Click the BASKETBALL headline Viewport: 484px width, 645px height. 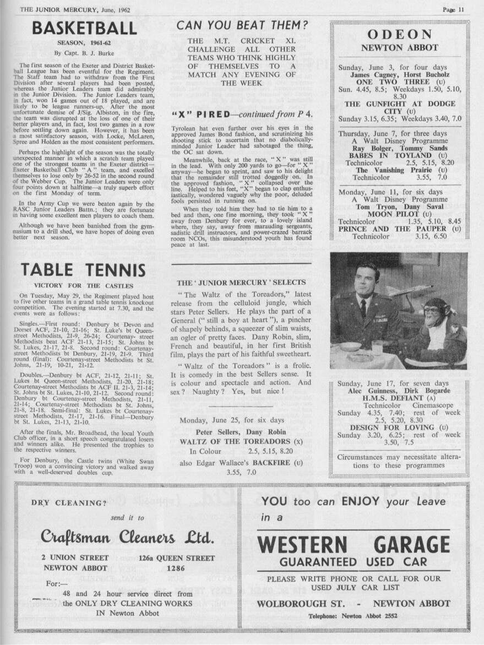[x=84, y=28]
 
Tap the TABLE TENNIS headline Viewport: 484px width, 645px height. [x=83, y=269]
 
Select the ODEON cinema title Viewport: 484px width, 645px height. [x=399, y=34]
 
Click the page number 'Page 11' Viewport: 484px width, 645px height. [x=454, y=9]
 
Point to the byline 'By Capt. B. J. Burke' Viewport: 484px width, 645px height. [x=84, y=53]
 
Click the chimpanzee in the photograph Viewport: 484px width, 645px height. [x=438, y=330]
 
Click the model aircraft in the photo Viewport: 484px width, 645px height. [x=408, y=291]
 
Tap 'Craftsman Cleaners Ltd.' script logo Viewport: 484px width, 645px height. [x=127, y=536]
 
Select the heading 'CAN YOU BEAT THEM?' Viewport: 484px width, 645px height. [x=242, y=25]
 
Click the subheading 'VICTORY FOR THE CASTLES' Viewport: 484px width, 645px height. [x=84, y=285]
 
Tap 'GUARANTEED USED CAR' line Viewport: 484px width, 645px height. [x=353, y=562]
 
